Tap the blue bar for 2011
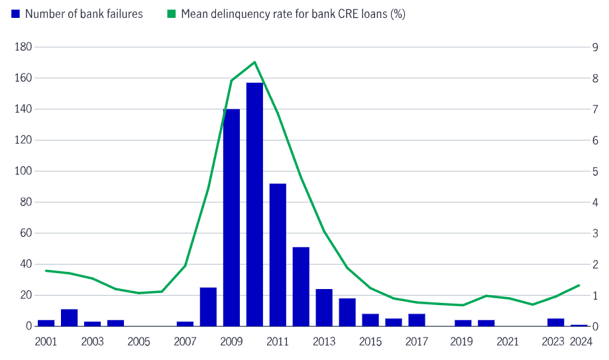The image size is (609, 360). (x=278, y=255)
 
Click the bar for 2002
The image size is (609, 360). (x=69, y=318)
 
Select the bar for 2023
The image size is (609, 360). (x=556, y=322)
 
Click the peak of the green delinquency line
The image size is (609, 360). (x=254, y=62)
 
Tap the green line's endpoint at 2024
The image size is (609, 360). (x=579, y=285)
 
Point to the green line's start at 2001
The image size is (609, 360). (x=46, y=270)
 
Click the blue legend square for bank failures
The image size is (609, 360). (x=16, y=14)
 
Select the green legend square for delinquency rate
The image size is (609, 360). (x=172, y=14)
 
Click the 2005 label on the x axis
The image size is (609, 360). (x=138, y=342)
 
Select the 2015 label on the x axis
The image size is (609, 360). (x=370, y=342)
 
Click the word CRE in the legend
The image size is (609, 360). (x=356, y=14)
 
